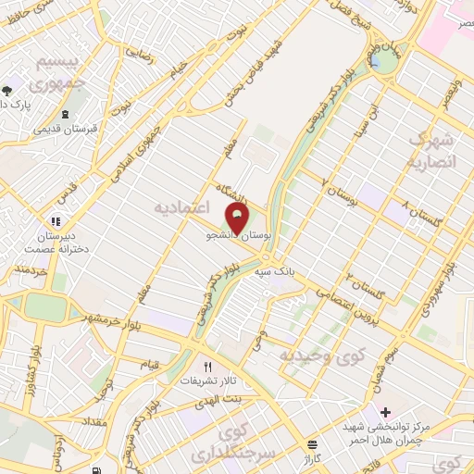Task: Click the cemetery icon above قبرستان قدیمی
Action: point(64,116)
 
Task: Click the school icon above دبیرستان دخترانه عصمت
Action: point(55,222)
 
